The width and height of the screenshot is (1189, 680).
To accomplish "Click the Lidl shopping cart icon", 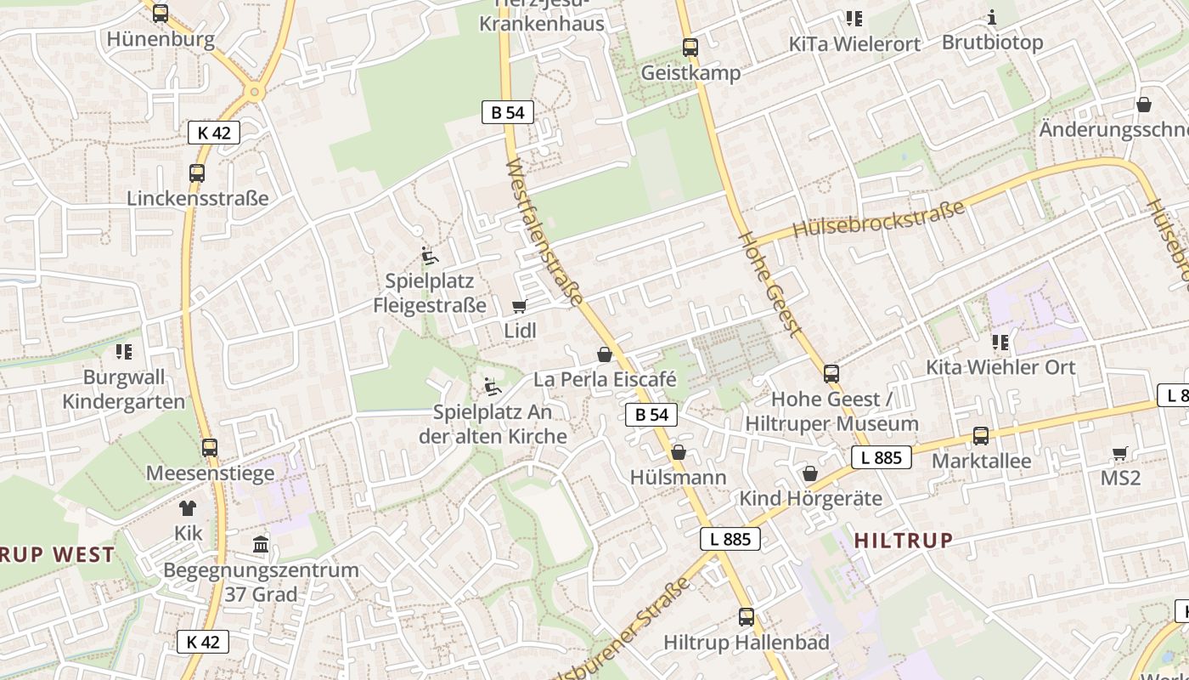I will click(519, 307).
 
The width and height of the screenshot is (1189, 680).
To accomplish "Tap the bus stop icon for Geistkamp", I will click(690, 48).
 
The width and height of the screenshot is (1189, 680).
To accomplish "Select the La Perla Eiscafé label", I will click(605, 379).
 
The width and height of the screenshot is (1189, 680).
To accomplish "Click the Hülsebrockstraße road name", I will click(879, 219).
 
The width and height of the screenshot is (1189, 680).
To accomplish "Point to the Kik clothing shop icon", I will click(188, 508).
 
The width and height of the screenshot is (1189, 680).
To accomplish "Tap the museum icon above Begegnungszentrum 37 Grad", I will click(261, 544).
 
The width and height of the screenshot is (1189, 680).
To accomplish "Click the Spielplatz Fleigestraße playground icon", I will click(430, 256).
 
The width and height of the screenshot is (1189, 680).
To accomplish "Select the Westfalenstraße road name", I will click(544, 231).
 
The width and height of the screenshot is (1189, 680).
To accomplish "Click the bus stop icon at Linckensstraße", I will click(197, 173).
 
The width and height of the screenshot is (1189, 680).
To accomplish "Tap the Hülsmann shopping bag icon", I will click(679, 453).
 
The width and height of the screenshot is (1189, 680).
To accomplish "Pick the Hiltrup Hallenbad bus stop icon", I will click(747, 617).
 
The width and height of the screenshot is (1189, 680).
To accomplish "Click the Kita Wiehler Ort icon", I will click(1000, 343).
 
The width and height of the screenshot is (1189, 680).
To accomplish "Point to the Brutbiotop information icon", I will click(992, 17).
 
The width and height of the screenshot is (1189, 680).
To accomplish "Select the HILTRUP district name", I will click(904, 540).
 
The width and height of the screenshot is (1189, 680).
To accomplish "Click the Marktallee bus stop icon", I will click(981, 436).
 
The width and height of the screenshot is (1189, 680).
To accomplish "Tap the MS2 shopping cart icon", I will click(1120, 453).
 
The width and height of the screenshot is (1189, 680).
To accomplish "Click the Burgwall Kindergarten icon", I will click(124, 351).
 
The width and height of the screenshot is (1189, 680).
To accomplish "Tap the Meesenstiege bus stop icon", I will click(210, 448).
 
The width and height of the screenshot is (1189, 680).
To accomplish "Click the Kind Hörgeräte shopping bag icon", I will click(810, 473).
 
